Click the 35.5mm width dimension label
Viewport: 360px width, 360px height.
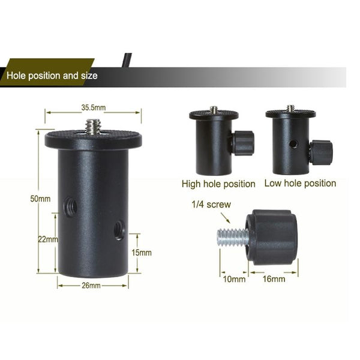[x=93, y=108]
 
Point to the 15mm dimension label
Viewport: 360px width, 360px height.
[x=142, y=253]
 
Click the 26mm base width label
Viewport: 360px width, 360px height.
[x=91, y=285]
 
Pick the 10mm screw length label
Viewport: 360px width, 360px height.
[x=234, y=279]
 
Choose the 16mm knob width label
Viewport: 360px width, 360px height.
[x=274, y=279]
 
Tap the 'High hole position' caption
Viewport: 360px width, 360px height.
[x=218, y=184]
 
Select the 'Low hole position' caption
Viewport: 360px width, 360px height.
[x=300, y=183]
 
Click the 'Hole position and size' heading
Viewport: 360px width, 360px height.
[x=52, y=76]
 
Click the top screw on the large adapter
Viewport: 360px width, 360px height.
[x=93, y=127]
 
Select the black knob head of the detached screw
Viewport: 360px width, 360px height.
[x=272, y=236]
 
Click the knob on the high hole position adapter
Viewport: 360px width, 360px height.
[x=243, y=142]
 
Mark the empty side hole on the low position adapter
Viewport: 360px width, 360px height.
[x=293, y=144]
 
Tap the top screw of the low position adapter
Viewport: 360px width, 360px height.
[x=290, y=109]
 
